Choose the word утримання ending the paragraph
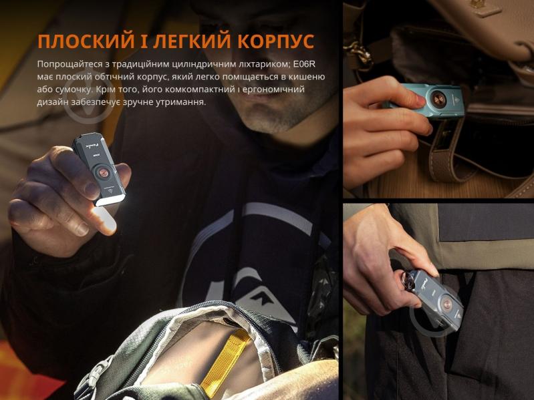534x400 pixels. pyautogui.click(x=182, y=102)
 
